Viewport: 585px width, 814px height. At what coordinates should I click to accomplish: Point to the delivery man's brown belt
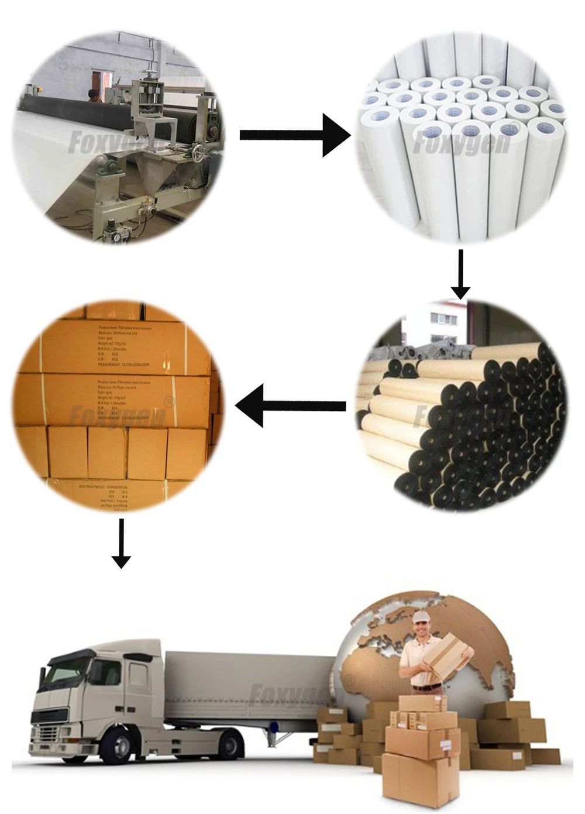(x=426, y=686)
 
